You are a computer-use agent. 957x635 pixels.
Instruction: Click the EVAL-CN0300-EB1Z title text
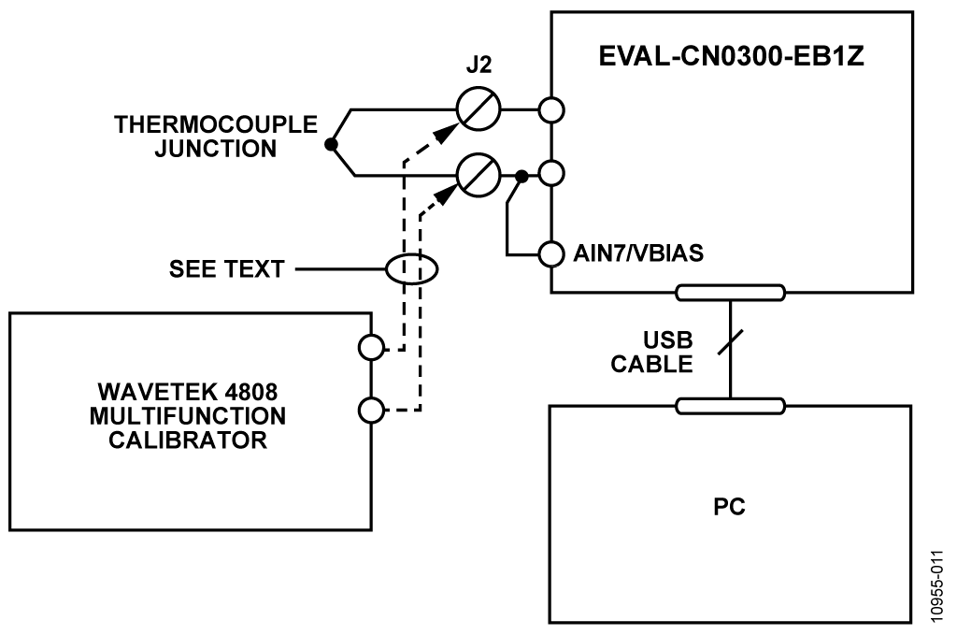click(x=731, y=56)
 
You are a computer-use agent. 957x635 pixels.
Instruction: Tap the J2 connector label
click(x=478, y=65)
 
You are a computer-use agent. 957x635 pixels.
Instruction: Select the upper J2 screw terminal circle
click(x=478, y=109)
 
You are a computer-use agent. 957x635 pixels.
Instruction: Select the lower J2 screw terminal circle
click(x=478, y=175)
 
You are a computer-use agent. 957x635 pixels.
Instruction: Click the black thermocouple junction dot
click(x=331, y=145)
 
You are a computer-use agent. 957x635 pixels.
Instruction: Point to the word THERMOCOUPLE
click(x=216, y=124)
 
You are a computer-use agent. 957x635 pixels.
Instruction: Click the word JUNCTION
click(x=216, y=149)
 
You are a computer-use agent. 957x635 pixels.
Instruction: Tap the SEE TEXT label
click(x=226, y=268)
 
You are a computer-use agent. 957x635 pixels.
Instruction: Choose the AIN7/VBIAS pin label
click(x=638, y=253)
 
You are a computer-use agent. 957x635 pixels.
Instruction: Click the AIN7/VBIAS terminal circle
click(x=551, y=253)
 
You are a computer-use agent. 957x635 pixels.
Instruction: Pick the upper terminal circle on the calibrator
click(x=371, y=348)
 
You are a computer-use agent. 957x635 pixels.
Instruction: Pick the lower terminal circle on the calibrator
click(x=371, y=410)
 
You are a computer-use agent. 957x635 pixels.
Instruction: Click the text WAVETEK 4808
click(x=187, y=391)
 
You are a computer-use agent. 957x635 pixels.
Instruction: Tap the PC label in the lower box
click(x=729, y=507)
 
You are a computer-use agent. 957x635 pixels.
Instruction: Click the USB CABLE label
click(x=651, y=353)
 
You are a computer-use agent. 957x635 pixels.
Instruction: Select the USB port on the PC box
click(x=730, y=406)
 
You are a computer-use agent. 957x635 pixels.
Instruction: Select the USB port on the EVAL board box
click(x=730, y=293)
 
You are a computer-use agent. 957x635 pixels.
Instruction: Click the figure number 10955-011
click(x=937, y=586)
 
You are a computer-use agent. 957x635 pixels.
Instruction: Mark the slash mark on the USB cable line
click(x=730, y=342)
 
